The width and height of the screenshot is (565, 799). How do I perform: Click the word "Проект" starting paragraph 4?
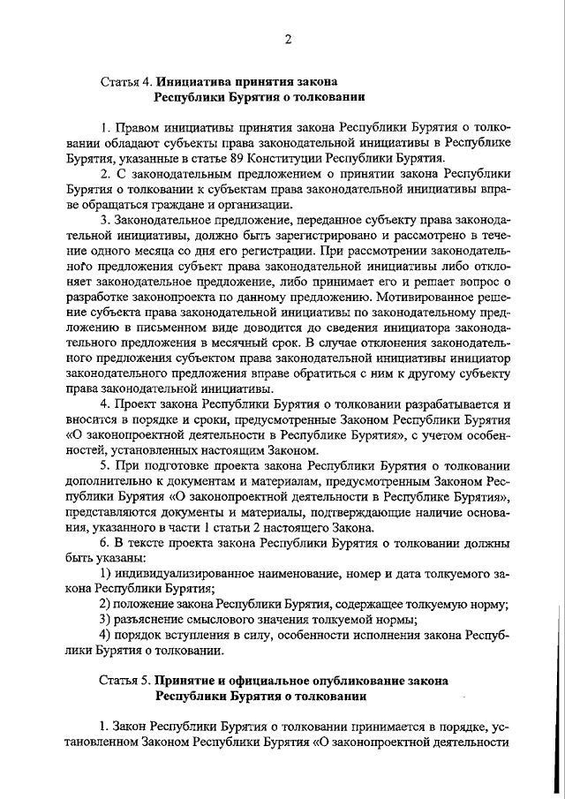pos(135,403)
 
